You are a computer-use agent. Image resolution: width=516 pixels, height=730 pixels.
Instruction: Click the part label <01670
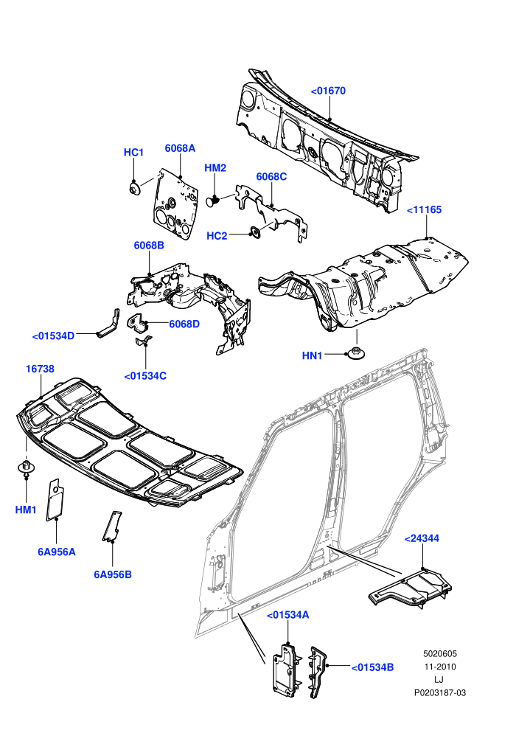328,91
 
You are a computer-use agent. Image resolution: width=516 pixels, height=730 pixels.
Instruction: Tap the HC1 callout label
133,153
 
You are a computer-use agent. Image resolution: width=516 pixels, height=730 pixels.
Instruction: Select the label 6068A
180,148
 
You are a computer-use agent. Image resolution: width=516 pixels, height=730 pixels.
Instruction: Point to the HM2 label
215,168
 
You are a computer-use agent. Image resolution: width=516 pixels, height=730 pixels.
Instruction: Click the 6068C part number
271,177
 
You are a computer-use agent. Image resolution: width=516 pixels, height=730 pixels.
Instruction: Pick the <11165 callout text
425,210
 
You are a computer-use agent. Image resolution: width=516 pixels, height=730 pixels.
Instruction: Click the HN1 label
313,355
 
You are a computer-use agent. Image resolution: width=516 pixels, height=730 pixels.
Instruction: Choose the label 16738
40,369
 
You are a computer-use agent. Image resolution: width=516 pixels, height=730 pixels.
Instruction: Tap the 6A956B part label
113,574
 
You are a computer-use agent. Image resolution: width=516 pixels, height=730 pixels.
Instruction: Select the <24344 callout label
422,539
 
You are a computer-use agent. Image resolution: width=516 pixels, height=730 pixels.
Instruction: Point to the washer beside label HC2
255,233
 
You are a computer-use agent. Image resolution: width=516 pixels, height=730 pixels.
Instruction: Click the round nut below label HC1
134,190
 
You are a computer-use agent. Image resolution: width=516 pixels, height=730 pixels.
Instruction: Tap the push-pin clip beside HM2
212,201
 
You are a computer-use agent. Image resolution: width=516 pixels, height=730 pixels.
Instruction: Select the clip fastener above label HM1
26,466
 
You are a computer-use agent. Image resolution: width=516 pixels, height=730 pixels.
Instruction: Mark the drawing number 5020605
439,654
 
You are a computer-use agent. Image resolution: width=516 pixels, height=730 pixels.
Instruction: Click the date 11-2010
439,667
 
